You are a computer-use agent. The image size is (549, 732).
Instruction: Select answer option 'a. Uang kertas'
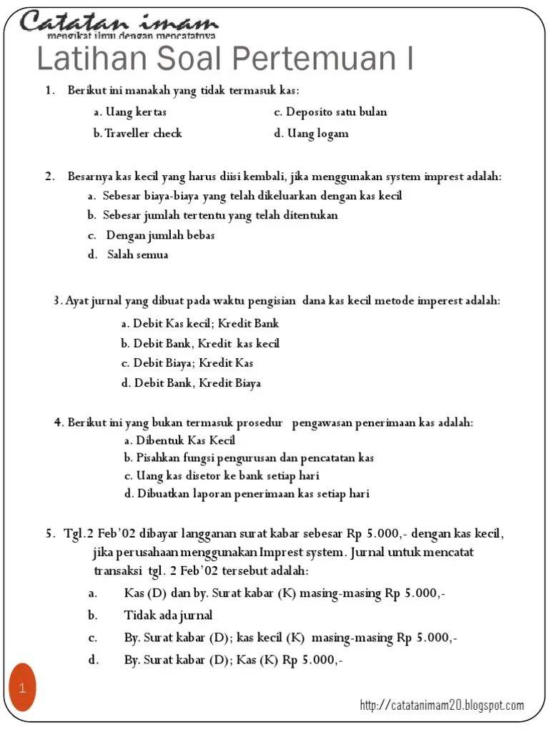[x=130, y=112]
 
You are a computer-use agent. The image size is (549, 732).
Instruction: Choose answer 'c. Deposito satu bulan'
[x=330, y=112]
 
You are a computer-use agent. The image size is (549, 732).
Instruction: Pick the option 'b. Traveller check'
[x=137, y=133]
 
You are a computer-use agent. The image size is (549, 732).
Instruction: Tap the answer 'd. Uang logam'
[x=311, y=133]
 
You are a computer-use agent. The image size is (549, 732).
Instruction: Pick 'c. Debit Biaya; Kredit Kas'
[x=187, y=363]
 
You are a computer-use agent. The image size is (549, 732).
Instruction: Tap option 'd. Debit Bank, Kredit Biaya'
[x=191, y=383]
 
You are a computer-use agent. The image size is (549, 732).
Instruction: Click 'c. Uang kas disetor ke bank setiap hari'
[x=221, y=475]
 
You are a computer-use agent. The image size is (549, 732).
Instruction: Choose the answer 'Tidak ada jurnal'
[x=168, y=615]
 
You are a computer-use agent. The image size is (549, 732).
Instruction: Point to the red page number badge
[x=22, y=688]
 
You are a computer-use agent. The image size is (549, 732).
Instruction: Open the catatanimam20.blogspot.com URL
[x=442, y=706]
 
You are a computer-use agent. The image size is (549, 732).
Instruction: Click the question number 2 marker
[x=49, y=177]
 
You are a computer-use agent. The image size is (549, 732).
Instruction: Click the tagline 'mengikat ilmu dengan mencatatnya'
[x=132, y=34]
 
